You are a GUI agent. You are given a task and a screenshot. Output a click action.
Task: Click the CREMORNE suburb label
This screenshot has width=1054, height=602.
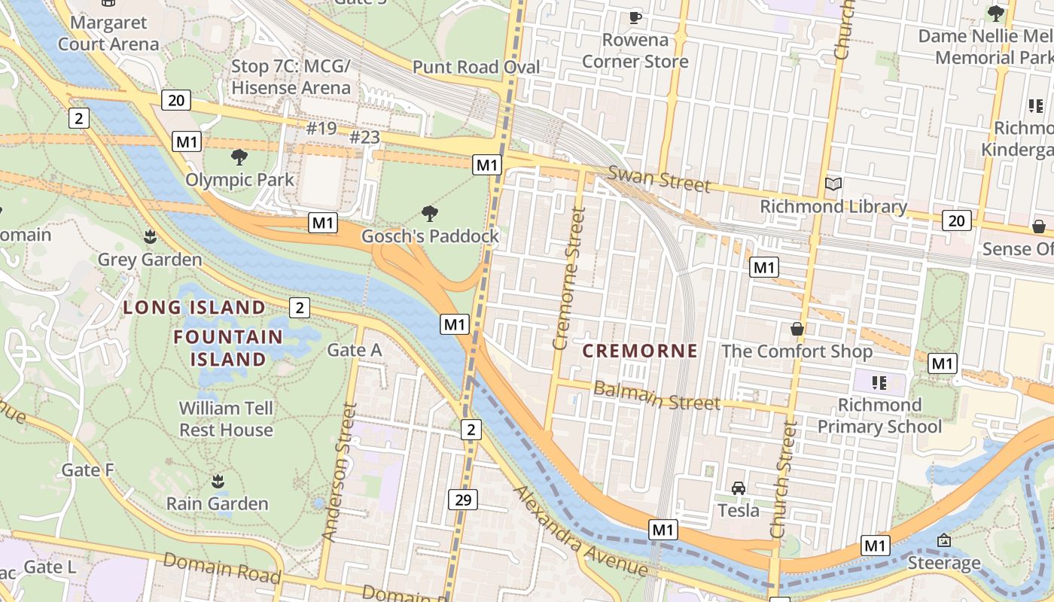pos(640,351)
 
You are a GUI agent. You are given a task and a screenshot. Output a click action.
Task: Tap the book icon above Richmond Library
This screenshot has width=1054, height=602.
pos(833,184)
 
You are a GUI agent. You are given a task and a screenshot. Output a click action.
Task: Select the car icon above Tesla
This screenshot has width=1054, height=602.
pos(739,488)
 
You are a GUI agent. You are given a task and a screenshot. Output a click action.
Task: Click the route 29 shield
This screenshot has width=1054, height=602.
pos(463,500)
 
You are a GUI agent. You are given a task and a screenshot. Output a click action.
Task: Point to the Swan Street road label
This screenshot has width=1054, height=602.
pos(659,179)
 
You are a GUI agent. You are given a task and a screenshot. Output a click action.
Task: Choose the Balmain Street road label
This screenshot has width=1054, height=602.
pos(656,396)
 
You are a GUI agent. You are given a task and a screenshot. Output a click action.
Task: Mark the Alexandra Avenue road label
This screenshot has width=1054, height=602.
pos(580,532)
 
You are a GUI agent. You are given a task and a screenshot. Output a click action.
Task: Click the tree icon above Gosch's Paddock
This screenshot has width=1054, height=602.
pos(430,214)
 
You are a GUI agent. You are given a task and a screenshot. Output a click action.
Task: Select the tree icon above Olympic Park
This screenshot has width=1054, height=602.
pos(239,157)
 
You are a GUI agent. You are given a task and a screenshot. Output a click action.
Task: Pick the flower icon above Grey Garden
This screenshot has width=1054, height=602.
pos(150,237)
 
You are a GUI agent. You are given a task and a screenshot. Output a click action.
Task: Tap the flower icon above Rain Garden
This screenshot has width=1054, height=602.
pos(218,481)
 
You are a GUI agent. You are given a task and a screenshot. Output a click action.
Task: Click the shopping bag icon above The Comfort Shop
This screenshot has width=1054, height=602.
pos(797,329)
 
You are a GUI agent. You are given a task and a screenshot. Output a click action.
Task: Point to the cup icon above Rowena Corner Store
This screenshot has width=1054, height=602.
pos(635,17)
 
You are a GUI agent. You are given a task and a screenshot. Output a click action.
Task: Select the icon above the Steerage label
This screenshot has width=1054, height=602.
pos(944,540)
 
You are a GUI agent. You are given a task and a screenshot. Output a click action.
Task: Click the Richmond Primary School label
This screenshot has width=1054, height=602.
pos(879,416)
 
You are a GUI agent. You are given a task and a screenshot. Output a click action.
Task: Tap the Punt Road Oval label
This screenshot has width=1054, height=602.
pos(476,67)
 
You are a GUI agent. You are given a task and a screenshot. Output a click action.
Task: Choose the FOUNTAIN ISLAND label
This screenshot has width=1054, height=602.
pos(228,348)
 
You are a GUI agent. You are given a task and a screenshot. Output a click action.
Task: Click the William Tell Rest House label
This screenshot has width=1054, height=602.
pos(226,419)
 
